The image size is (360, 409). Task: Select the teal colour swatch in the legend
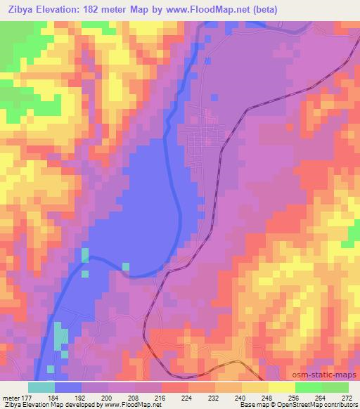41,387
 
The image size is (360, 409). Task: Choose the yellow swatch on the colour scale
281,387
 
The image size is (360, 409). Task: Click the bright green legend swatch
309,387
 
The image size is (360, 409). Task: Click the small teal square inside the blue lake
126,266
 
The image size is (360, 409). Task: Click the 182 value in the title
101,10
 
